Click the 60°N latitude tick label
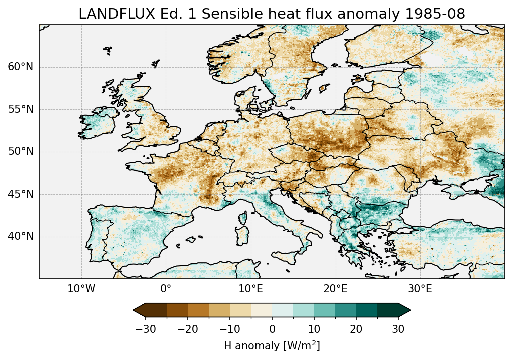point(21,67)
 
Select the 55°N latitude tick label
point(21,110)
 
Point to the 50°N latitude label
point(21,152)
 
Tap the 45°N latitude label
point(21,194)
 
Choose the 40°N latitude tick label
point(21,236)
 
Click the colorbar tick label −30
point(145,329)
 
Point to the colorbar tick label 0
point(272,329)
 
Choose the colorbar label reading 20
point(356,329)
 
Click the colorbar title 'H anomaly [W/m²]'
point(272,346)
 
